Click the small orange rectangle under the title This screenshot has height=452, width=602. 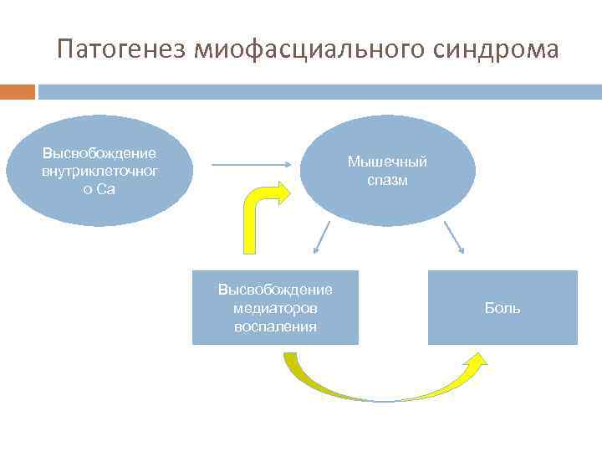(x=18, y=91)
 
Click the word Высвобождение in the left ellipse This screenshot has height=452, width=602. (x=100, y=153)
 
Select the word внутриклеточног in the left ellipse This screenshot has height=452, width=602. (x=100, y=171)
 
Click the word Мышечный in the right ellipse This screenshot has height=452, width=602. (x=387, y=162)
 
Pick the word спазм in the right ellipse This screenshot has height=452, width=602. (x=387, y=180)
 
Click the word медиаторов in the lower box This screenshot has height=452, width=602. (x=275, y=308)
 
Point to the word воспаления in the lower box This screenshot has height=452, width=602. (x=275, y=326)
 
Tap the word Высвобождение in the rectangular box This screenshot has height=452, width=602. (x=275, y=290)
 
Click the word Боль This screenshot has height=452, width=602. (x=503, y=308)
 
